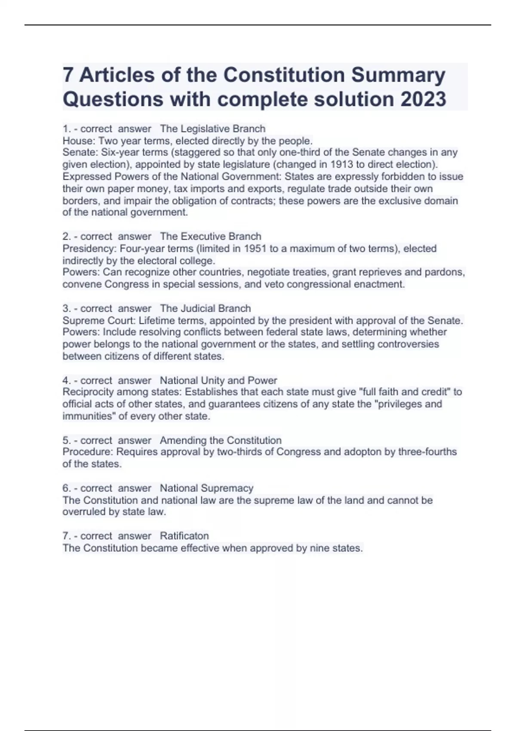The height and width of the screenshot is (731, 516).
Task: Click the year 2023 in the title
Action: [424, 99]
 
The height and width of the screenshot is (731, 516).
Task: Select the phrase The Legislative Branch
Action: [212, 129]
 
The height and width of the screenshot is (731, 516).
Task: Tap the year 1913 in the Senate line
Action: [342, 164]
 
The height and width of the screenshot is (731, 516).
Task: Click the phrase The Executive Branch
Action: [210, 236]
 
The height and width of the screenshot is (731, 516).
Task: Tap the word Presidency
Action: [89, 248]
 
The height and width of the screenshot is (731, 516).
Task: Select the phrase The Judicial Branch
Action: [205, 308]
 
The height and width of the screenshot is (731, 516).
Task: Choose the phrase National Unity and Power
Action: [218, 381]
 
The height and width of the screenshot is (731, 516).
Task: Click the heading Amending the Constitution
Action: [221, 440]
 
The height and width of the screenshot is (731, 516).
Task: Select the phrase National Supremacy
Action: [206, 488]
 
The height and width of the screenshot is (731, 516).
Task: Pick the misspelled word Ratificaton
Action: [184, 536]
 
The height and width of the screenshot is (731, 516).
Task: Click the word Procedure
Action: [88, 451]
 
